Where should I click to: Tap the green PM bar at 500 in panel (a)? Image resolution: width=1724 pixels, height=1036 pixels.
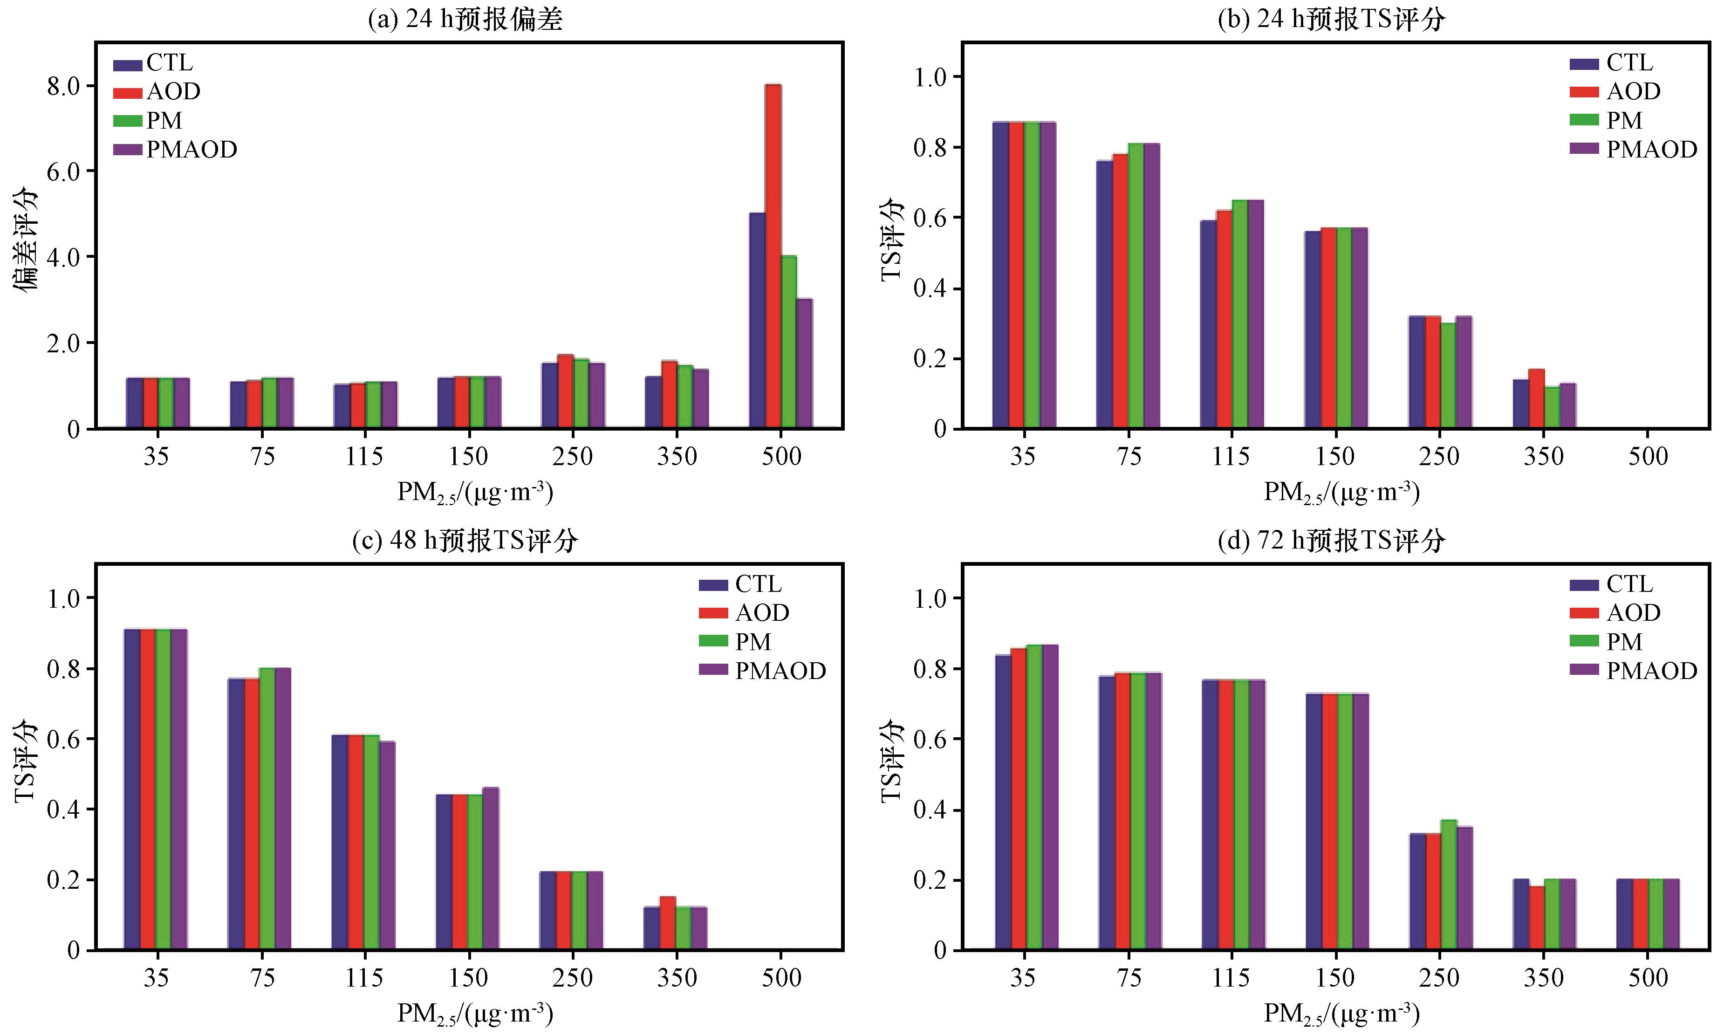coord(789,342)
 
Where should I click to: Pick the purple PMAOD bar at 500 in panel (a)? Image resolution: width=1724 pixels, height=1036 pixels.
coord(805,363)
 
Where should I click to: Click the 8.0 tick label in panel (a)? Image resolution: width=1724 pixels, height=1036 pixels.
coord(63,86)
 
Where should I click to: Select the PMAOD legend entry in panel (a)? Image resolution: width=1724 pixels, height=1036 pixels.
coord(175,150)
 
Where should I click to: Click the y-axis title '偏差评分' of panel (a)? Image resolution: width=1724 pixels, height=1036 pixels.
coord(26,240)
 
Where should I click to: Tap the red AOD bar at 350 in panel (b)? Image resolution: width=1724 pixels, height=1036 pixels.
coord(1536,398)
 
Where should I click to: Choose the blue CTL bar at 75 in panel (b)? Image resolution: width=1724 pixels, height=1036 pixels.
coord(1104,294)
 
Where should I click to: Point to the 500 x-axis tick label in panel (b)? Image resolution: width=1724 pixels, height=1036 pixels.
coord(1648,457)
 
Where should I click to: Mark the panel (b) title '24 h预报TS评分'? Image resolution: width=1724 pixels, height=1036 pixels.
coord(1331,18)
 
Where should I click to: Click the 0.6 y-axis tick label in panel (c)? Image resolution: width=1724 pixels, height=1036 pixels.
coord(63,739)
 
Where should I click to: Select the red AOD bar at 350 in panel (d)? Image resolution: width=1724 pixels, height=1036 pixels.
coord(1536,918)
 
